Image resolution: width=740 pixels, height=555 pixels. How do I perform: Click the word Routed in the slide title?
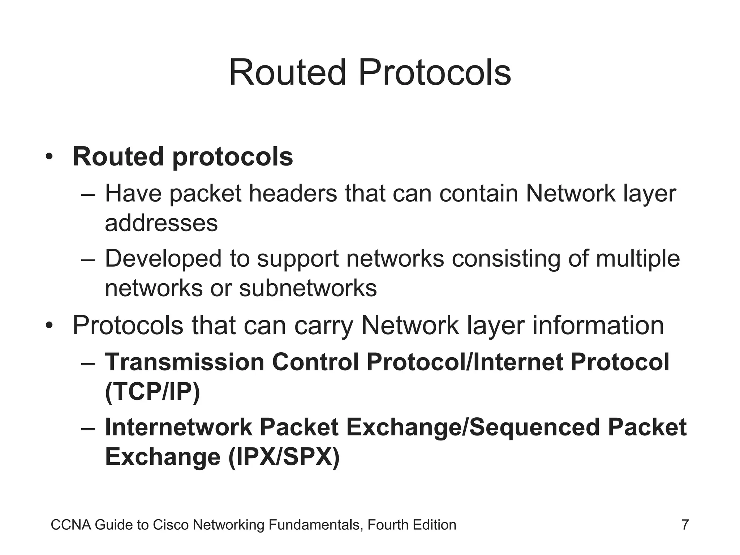(x=288, y=73)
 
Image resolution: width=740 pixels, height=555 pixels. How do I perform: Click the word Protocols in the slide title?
(x=435, y=73)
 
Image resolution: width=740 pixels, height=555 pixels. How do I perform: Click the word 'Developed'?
(x=163, y=259)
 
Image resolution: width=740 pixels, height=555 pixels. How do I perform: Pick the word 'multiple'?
(x=638, y=259)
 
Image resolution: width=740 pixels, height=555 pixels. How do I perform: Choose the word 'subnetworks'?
(x=308, y=288)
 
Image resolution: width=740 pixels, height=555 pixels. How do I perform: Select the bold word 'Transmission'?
(x=184, y=362)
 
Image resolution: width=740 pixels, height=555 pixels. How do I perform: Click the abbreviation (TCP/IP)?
(x=152, y=392)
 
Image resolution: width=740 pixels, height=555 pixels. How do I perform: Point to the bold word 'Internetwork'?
(x=178, y=427)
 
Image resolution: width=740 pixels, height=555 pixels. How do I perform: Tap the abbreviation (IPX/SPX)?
(x=284, y=457)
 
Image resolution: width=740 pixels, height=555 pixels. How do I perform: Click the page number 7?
(x=685, y=525)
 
